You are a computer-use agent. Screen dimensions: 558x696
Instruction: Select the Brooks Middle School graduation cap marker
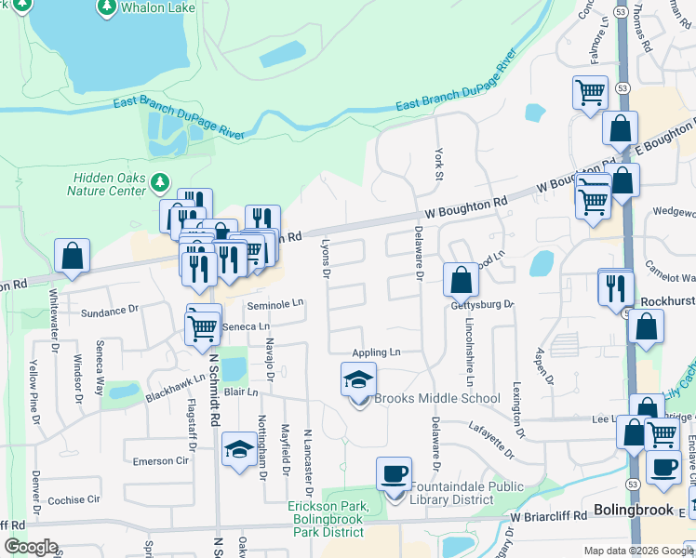(358, 379)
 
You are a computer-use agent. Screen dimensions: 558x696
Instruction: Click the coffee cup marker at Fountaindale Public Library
(393, 473)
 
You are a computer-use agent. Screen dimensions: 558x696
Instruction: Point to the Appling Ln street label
(376, 352)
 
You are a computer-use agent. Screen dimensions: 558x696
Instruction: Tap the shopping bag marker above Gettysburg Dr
(461, 278)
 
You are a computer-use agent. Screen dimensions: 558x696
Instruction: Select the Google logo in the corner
(31, 547)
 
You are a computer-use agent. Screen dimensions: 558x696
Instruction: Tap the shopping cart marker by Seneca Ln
(202, 326)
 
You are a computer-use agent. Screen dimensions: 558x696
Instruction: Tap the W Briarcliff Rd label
(549, 515)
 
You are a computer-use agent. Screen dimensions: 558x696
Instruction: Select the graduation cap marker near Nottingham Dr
(239, 450)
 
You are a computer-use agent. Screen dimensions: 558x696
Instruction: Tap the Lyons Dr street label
(326, 260)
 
